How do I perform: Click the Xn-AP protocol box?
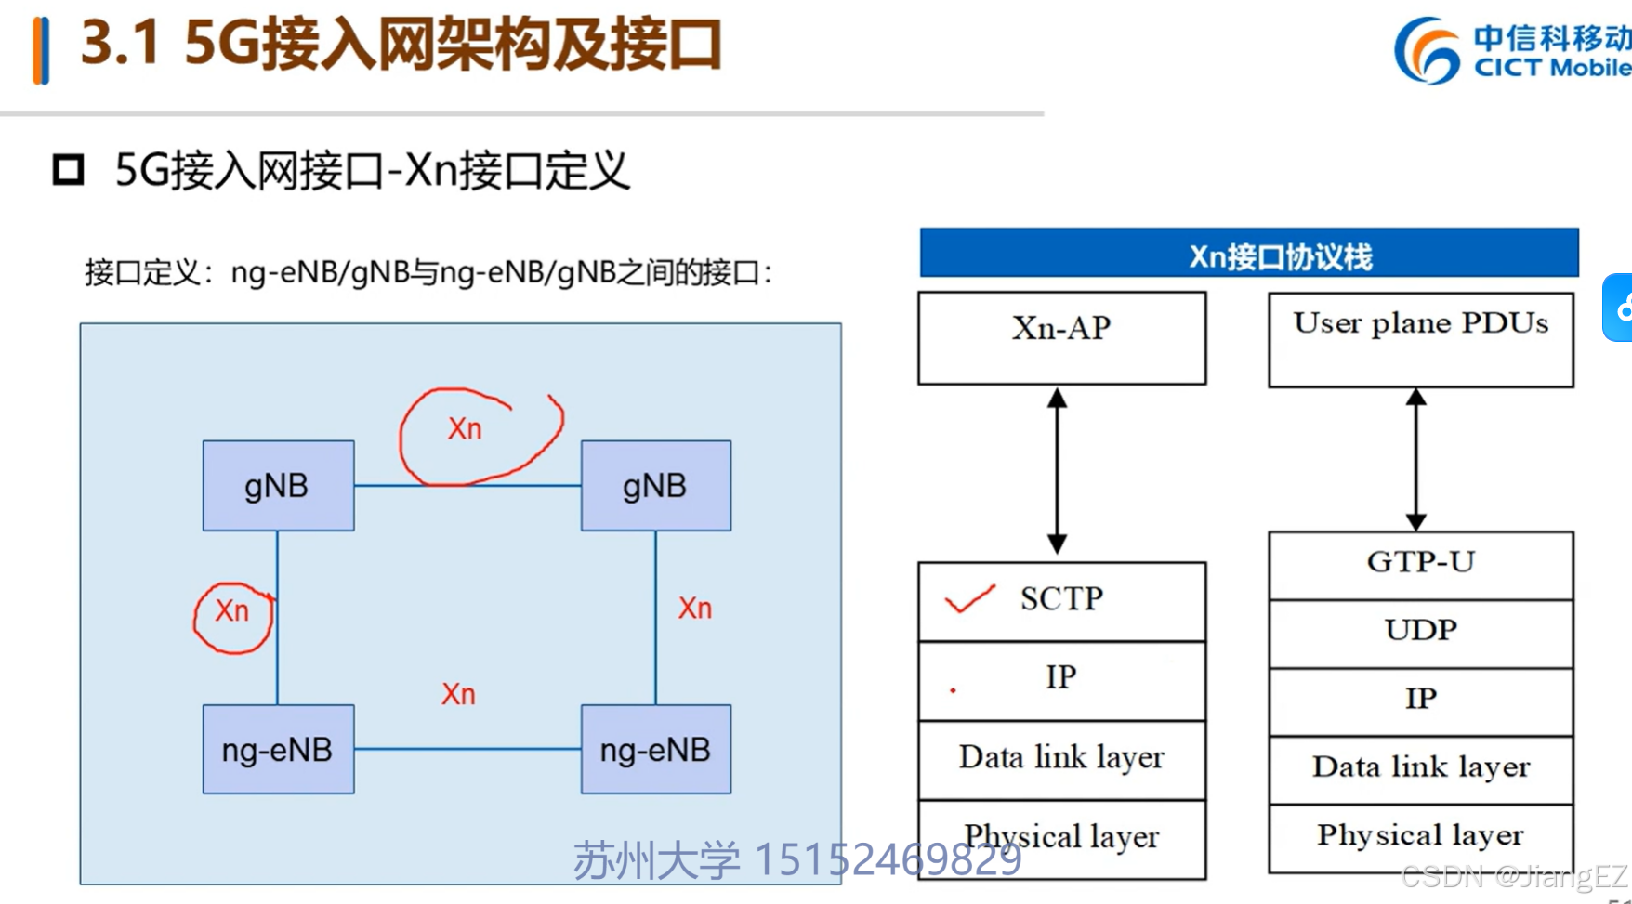click(x=1061, y=337)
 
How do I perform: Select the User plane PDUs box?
click(x=1420, y=339)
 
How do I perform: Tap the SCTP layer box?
click(x=1061, y=600)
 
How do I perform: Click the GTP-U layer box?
click(x=1420, y=564)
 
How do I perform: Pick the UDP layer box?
click(x=1420, y=632)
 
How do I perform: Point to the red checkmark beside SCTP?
click(x=969, y=599)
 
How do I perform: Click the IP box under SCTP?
click(x=1061, y=679)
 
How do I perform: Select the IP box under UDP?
click(x=1420, y=701)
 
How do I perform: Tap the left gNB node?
click(x=278, y=485)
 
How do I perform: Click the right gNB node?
click(x=655, y=485)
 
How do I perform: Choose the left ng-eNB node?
click(x=278, y=749)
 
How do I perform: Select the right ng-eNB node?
click(x=655, y=749)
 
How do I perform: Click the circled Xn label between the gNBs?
click(x=465, y=429)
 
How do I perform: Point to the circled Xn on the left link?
click(x=232, y=611)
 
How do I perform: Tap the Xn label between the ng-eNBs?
click(x=458, y=694)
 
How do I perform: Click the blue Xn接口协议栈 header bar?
click(x=1248, y=253)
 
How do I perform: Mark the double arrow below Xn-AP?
click(x=1057, y=472)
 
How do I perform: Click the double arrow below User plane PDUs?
click(x=1415, y=459)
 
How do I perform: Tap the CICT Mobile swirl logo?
click(x=1427, y=51)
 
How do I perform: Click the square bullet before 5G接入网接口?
click(x=68, y=170)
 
